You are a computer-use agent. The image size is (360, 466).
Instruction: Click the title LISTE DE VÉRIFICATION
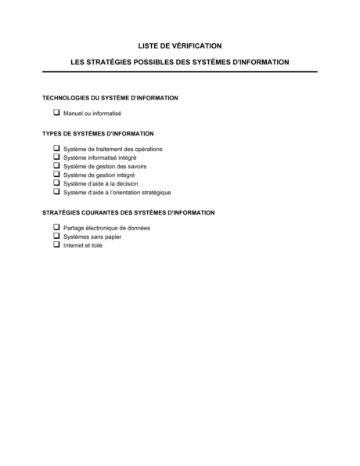click(x=179, y=46)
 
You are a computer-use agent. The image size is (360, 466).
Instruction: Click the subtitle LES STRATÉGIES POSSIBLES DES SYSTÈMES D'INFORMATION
click(x=179, y=61)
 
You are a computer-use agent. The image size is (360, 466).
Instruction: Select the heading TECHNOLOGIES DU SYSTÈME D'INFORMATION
click(x=110, y=98)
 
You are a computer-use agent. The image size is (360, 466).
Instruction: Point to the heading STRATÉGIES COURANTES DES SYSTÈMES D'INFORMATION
click(x=128, y=212)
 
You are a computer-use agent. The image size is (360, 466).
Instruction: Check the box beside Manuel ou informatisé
click(x=56, y=113)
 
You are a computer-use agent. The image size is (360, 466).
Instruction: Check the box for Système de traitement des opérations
click(x=56, y=148)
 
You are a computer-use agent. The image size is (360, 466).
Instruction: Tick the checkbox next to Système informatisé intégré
click(x=56, y=157)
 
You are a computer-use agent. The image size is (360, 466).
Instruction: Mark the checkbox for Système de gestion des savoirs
click(x=56, y=165)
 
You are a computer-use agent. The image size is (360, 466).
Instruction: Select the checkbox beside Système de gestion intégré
click(x=56, y=174)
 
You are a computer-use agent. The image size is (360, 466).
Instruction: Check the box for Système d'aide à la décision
click(x=56, y=182)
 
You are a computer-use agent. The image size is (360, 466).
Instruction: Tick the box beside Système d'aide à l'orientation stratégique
click(x=56, y=191)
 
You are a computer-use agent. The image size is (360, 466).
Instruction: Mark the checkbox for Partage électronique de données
click(x=56, y=227)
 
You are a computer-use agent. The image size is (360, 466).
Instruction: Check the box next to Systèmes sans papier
click(x=56, y=236)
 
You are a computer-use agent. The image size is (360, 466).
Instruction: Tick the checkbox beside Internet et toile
click(x=56, y=244)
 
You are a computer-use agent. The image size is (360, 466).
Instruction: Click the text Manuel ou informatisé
click(x=92, y=114)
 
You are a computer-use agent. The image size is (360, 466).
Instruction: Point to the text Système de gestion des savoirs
click(x=105, y=166)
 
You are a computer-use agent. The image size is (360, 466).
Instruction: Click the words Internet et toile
click(x=83, y=245)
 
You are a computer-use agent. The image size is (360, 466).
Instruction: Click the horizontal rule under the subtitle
click(x=179, y=72)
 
